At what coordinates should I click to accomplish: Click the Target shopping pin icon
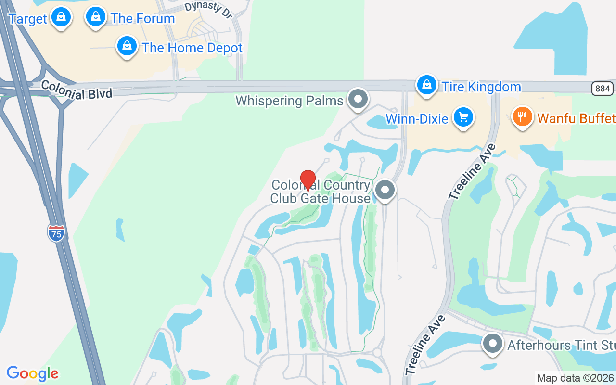coord(61,17)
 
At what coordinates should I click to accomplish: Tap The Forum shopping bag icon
coord(96,17)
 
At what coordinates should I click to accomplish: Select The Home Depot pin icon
coord(127,46)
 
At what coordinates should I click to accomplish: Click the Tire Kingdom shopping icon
coord(426,85)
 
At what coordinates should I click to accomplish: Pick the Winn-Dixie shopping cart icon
coord(463,117)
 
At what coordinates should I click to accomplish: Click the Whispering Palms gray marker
coord(358,99)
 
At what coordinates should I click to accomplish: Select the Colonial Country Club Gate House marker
coord(385,190)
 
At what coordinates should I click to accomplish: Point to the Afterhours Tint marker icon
coord(492,344)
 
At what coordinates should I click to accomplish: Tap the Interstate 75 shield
coord(56,233)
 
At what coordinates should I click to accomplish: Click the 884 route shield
coord(603,89)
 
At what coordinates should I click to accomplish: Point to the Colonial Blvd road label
coord(77,90)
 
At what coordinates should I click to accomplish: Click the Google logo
coord(33,373)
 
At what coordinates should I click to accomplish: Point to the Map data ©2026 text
coord(575,378)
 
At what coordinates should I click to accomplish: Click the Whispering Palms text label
coord(289,101)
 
